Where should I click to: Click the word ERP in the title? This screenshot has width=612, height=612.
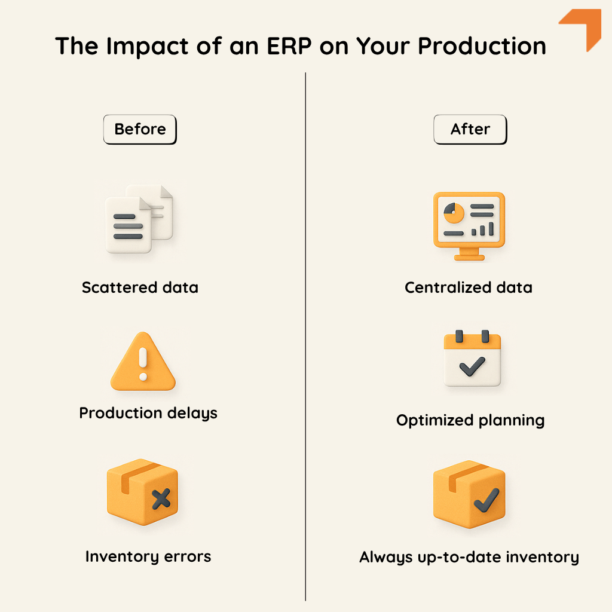point(289,46)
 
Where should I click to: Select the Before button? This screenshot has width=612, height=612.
point(140,129)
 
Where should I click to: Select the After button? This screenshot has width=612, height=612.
point(470,129)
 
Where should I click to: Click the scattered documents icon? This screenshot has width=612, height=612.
point(139,219)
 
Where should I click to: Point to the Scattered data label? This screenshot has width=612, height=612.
point(140,287)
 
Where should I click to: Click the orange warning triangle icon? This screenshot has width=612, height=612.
point(143,362)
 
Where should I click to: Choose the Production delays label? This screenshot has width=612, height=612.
point(148,414)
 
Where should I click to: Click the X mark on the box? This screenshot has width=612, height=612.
point(161,499)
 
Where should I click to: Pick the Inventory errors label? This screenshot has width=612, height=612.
point(148,556)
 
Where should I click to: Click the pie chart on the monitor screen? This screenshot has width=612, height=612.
point(454,213)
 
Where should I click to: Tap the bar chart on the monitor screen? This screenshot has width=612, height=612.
point(483,229)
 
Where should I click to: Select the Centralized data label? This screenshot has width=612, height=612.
point(469,287)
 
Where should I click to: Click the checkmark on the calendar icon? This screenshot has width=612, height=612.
point(472,366)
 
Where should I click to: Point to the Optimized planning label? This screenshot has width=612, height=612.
point(470,421)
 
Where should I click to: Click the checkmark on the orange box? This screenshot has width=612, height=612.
point(486,500)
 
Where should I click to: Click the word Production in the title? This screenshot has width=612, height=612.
point(482,46)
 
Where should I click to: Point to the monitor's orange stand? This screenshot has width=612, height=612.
point(469,255)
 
